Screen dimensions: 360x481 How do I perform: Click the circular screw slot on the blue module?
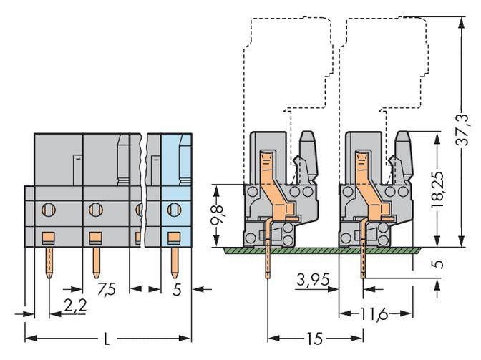[x=173, y=210]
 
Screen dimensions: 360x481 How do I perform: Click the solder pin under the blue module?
[x=173, y=262]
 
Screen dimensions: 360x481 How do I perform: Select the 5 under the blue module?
[x=177, y=291]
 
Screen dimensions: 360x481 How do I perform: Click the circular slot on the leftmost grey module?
[x=48, y=210]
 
